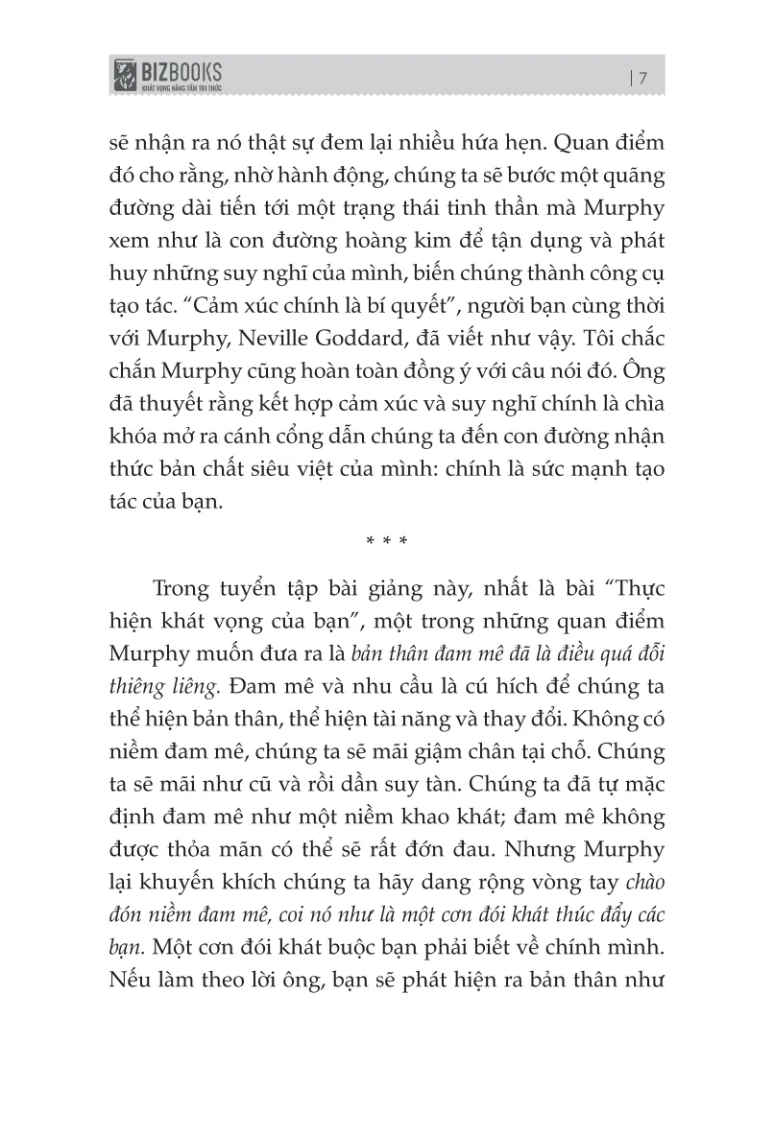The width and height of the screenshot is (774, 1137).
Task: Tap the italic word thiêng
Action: pyautogui.click(x=132, y=687)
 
